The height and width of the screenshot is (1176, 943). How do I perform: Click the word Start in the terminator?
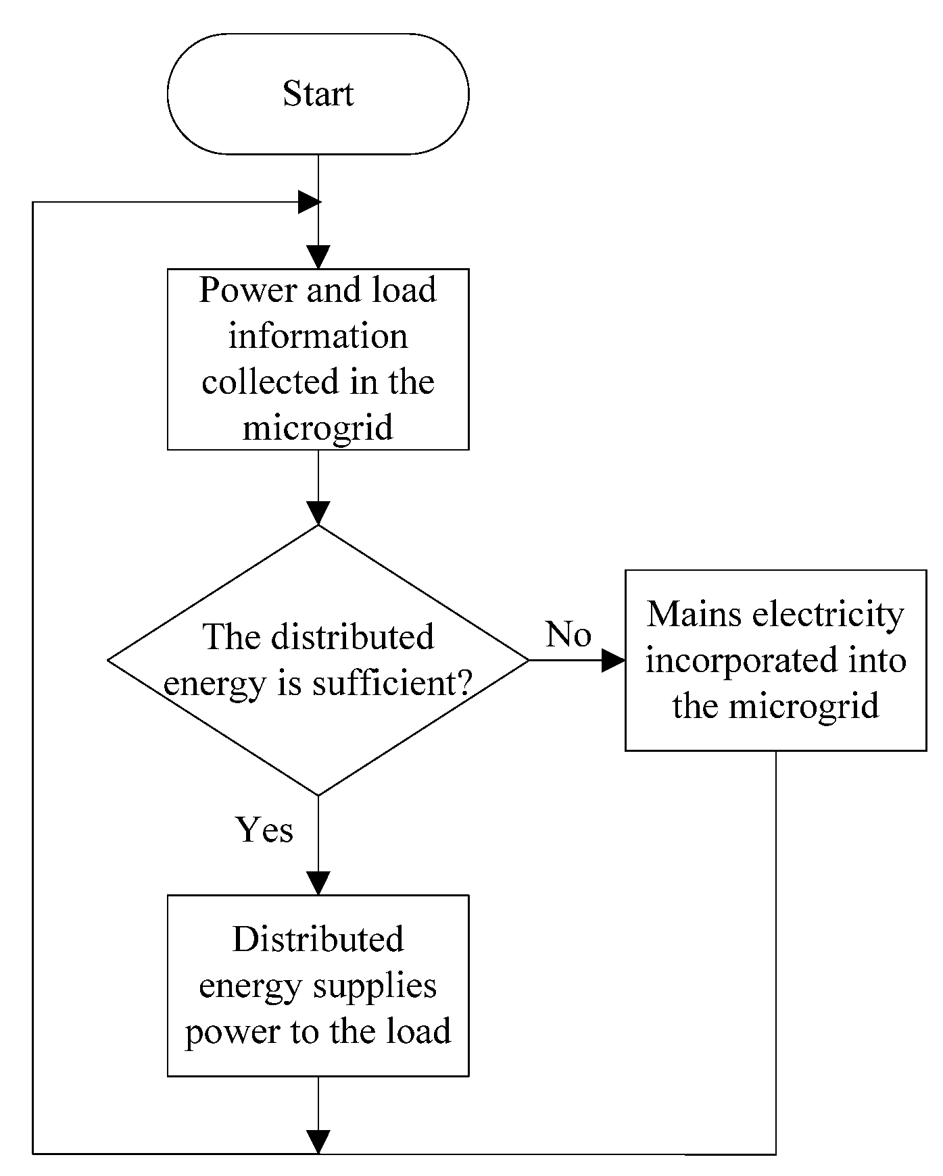tap(318, 94)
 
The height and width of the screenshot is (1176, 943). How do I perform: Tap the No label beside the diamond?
tap(568, 634)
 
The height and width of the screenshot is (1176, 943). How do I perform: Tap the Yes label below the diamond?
tap(264, 829)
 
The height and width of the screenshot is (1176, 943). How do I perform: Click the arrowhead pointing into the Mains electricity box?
tap(612, 661)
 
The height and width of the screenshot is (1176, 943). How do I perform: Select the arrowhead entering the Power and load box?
tap(318, 257)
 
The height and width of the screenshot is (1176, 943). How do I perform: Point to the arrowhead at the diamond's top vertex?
tap(318, 513)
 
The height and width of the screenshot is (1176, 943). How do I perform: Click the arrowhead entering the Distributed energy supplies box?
tap(318, 884)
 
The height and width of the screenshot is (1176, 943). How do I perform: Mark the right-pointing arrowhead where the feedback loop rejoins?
tap(309, 202)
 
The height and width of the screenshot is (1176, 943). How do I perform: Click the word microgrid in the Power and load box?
tap(318, 428)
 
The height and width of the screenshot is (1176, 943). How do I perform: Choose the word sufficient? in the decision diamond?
tap(391, 684)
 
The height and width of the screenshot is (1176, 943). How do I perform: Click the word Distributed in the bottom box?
tap(318, 940)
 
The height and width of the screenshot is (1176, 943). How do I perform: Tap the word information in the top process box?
tap(318, 336)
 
